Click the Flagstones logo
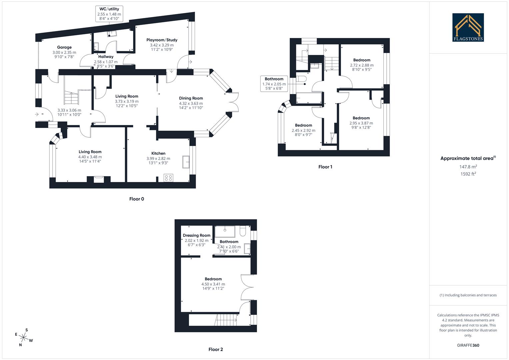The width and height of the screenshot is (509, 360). [x=468, y=27]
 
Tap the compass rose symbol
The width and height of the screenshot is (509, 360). [x=23, y=338]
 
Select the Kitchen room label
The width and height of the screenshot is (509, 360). [x=158, y=153]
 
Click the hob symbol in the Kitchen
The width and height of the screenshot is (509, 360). [x=168, y=178]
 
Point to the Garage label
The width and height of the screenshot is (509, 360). [x=64, y=47]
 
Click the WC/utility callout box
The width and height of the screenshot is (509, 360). [x=109, y=14]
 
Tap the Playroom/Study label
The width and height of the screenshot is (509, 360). [x=162, y=40]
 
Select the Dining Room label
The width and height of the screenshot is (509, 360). [x=191, y=98]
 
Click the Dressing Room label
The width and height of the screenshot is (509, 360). [x=196, y=235]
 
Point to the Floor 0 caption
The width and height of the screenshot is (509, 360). [x=137, y=199]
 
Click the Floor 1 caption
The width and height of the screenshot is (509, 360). [x=325, y=167]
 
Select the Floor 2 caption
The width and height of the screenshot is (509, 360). [x=216, y=349]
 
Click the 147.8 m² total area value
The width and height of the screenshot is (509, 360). [x=468, y=167]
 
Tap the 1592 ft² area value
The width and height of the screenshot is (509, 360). [x=468, y=174]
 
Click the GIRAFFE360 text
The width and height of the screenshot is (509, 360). [x=468, y=345]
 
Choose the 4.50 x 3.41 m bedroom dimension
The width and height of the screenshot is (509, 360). [x=213, y=284]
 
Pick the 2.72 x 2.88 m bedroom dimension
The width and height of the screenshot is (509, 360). [x=362, y=65]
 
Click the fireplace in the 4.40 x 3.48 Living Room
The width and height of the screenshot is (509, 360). [x=98, y=179]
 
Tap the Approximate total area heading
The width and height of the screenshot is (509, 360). [x=468, y=159]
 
